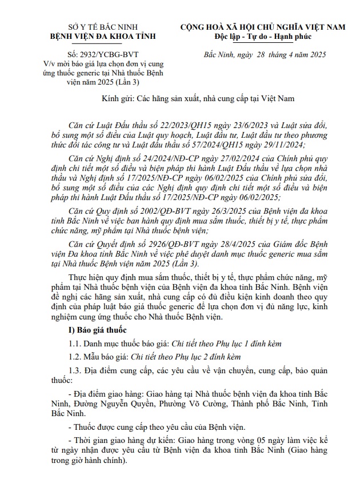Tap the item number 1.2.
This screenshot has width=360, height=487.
pos(75,356)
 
